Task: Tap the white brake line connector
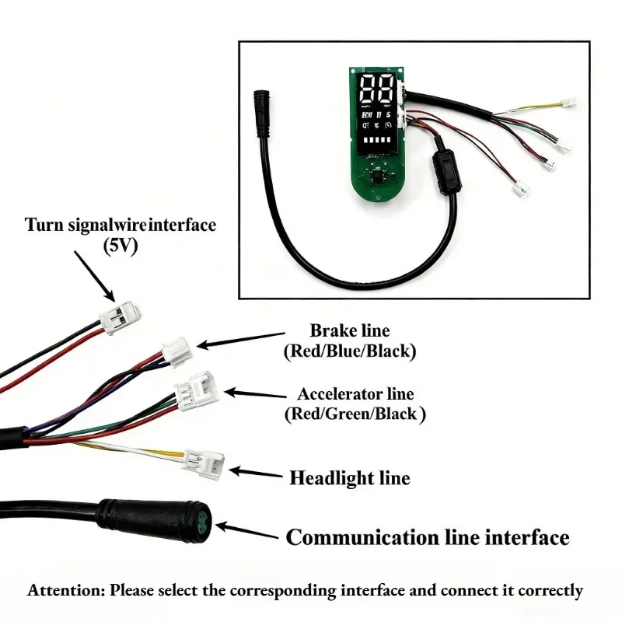(177, 351)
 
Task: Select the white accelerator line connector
(197, 391)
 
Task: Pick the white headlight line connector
(204, 464)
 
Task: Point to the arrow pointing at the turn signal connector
(94, 276)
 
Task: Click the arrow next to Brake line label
(240, 341)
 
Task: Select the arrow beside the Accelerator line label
(255, 394)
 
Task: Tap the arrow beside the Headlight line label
(256, 473)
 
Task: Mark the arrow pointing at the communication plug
(246, 532)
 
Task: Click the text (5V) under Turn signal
(121, 246)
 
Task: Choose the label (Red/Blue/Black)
(350, 351)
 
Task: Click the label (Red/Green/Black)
(355, 414)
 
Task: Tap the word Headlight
(331, 478)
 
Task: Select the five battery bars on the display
(377, 140)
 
